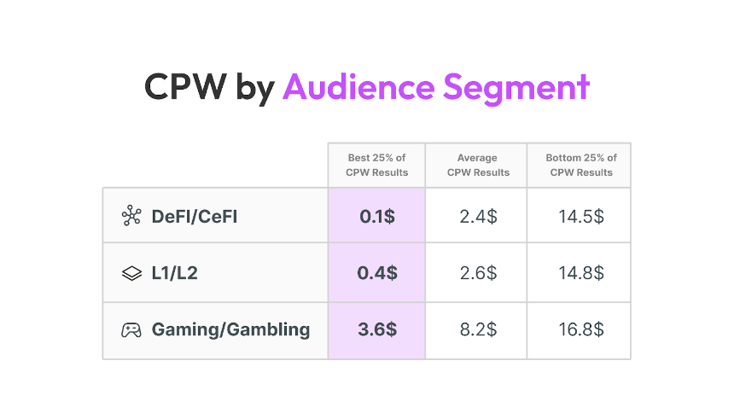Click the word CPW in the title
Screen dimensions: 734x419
[185, 86]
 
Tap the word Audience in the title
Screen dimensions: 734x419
[359, 86]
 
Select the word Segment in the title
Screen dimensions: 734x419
[516, 89]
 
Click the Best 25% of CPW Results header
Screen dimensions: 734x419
[377, 165]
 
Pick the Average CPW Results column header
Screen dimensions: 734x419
[478, 165]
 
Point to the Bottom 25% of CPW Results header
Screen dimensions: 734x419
[581, 165]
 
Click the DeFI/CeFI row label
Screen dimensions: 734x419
[195, 217]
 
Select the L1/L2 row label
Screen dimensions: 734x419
[175, 273]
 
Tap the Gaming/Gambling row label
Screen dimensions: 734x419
[230, 330]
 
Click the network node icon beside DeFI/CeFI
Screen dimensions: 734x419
[131, 216]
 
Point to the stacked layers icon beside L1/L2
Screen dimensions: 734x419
[131, 273]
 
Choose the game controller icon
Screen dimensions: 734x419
[131, 330]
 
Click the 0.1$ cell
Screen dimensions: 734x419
[377, 217]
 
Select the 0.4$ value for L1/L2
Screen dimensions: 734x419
[377, 273]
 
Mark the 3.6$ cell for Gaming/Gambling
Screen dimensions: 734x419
[377, 329]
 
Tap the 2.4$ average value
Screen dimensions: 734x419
[478, 217]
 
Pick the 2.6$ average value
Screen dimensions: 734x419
[478, 273]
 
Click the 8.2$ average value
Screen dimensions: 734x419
[478, 329]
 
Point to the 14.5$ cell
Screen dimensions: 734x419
[581, 217]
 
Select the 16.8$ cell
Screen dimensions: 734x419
[581, 329]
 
